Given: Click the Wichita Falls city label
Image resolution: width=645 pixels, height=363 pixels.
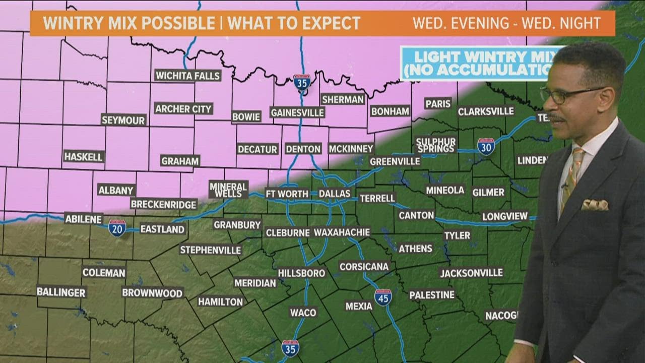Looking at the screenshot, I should tap(188, 76).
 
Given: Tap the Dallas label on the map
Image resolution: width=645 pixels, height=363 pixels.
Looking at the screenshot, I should tap(334, 194).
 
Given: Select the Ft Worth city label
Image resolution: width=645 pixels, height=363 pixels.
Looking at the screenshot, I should tap(287, 194).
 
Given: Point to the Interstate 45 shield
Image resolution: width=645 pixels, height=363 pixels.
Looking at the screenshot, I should tap(383, 297).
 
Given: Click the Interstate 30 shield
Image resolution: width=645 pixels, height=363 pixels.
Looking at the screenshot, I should tap(486, 146).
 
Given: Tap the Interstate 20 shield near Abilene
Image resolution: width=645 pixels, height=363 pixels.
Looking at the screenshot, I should tap(117, 228).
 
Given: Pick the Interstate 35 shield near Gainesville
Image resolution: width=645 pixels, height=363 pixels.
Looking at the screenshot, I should tap(302, 83).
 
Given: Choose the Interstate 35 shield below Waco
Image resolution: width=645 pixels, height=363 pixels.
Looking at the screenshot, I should tap(290, 348).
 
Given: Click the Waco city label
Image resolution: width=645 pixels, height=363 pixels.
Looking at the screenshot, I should tap(303, 313).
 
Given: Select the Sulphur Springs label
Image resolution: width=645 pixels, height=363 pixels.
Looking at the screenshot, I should tap(436, 145).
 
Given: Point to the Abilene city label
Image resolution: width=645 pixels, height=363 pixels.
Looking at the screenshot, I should tap(84, 219).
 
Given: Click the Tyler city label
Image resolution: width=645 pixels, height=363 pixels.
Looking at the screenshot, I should tap(457, 235).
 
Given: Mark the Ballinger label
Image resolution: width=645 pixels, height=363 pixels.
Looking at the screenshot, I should tap(61, 292).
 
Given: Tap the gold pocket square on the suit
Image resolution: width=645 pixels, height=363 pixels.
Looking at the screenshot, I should tap(595, 205).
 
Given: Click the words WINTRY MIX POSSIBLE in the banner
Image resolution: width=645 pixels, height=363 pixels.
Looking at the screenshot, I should tap(129, 23).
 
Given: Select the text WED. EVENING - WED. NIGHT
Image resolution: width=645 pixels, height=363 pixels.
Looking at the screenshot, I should tap(506, 23).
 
